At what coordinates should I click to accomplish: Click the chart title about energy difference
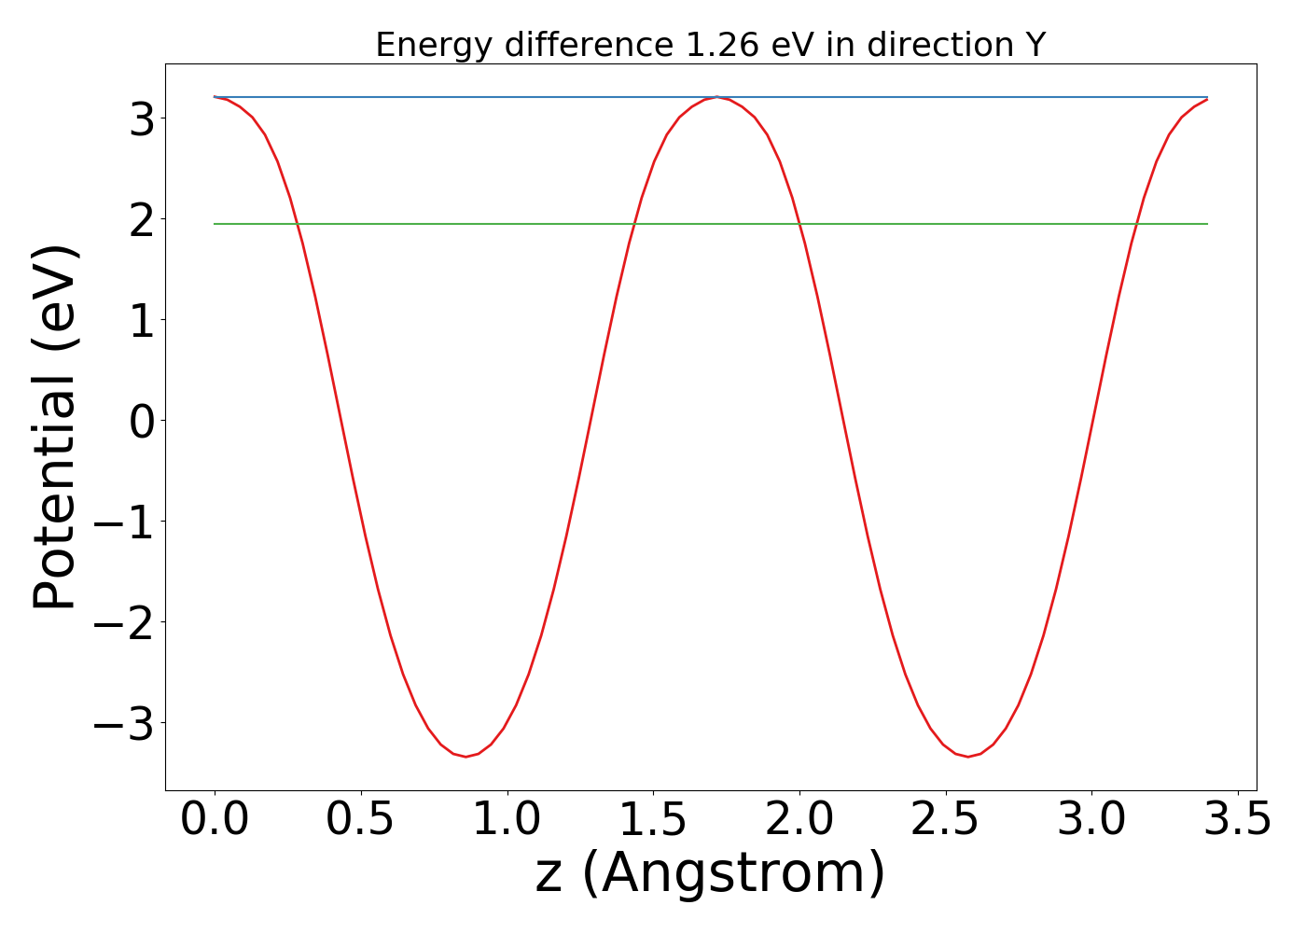pos(710,45)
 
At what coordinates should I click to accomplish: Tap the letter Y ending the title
pos(1034,45)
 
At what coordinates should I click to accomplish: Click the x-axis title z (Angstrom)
pos(710,873)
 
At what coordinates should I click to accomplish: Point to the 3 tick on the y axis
pos(143,118)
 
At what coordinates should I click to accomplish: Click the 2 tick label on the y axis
pos(143,219)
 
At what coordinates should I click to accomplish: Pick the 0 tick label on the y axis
pos(143,421)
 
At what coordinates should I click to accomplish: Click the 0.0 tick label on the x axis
pos(215,821)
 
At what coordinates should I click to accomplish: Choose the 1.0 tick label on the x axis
pos(507,821)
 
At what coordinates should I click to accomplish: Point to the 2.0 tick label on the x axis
pos(799,821)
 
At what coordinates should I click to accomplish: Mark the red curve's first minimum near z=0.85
pos(465,756)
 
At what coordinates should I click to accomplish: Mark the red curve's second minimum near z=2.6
pos(968,756)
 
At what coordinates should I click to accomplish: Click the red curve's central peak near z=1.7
pos(716,97)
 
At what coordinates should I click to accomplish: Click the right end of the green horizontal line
pos(1207,224)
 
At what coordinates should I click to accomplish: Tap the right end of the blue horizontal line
pos(1207,97)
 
